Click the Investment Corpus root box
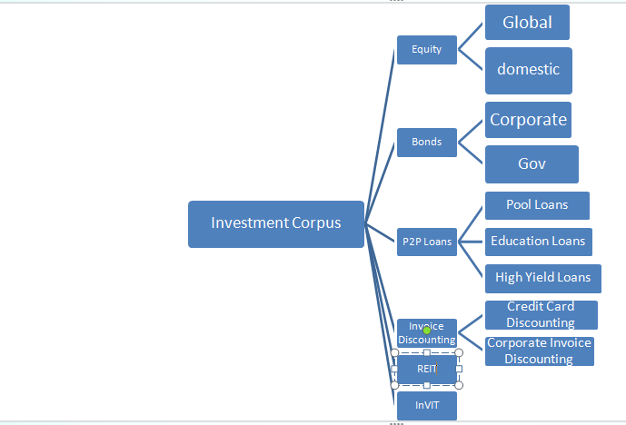coord(276,224)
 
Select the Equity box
coord(427,49)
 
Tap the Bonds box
coord(427,142)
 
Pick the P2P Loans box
coord(427,242)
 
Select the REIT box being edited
coord(427,369)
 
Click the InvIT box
coord(427,405)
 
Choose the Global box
coord(527,23)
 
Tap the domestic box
coord(529,71)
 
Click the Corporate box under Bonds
coord(528,120)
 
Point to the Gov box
coord(532,164)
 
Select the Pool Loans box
coord(537,205)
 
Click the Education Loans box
coord(539,242)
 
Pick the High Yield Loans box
coord(543,279)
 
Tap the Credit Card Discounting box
coord(542,315)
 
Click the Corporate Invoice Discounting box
coord(540,351)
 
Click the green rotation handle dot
coord(427,331)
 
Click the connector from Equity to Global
coord(471,36)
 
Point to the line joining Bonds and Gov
coord(471,153)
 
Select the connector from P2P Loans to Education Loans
coord(471,242)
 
